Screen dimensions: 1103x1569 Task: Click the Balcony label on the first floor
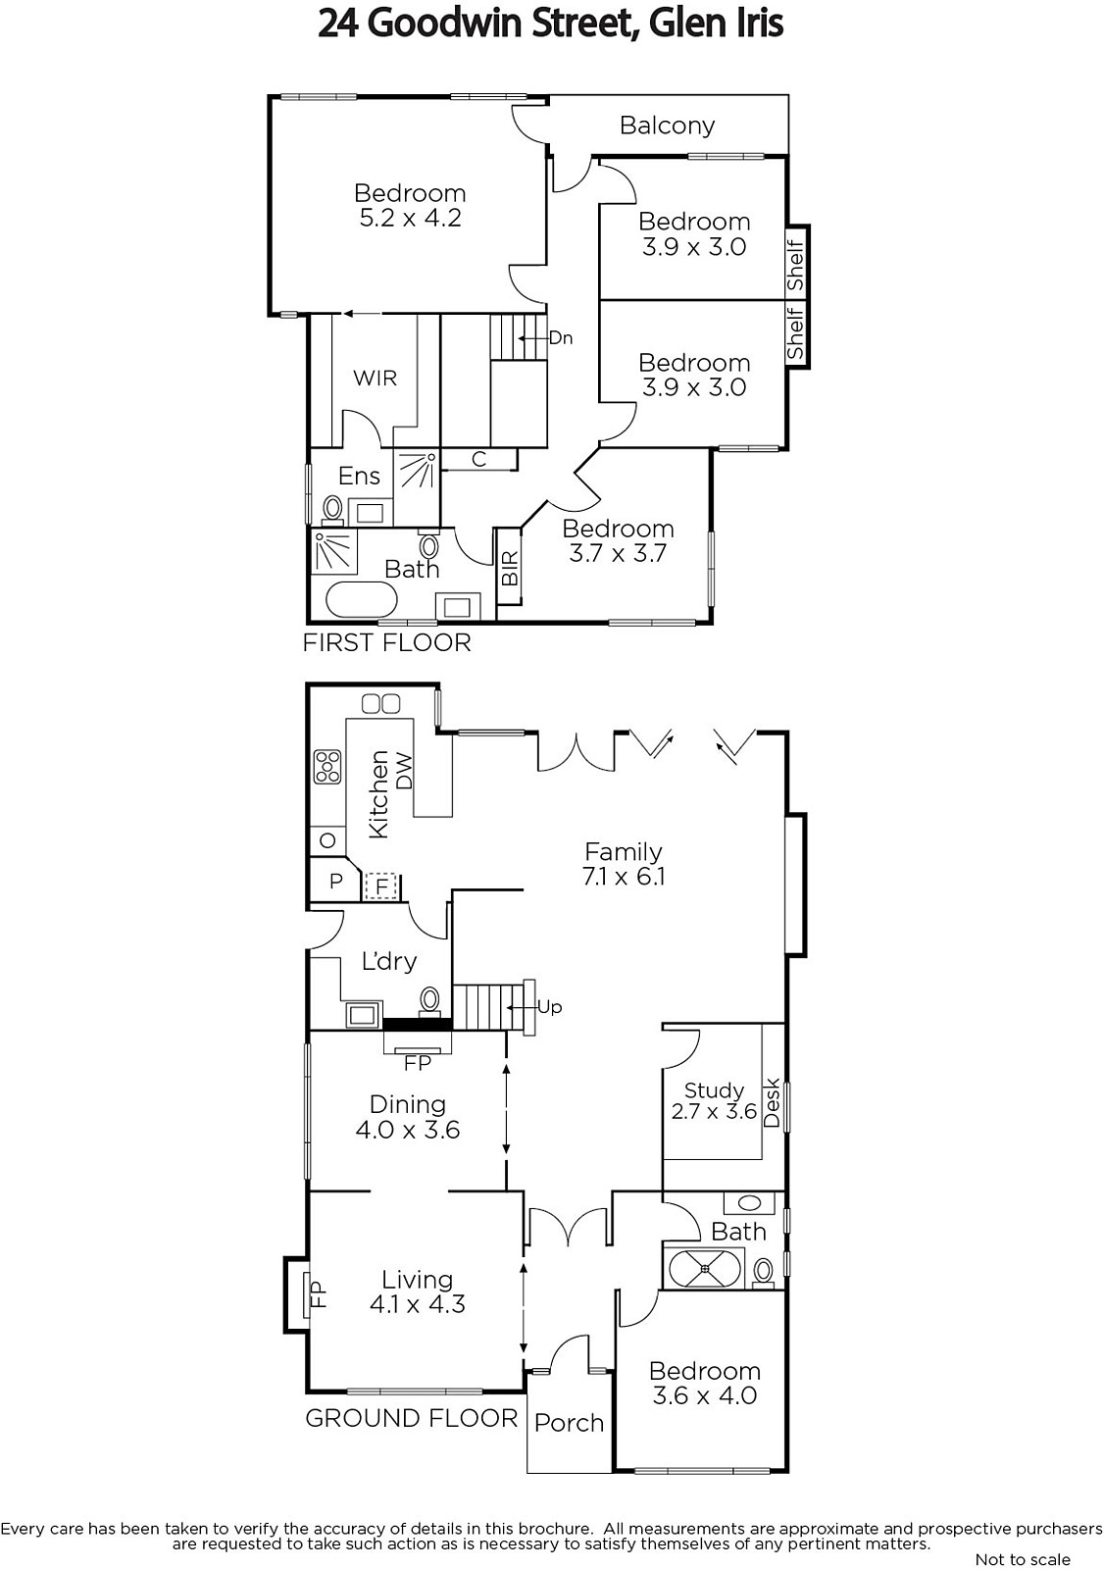coord(667,127)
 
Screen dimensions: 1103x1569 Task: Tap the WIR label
coord(375,379)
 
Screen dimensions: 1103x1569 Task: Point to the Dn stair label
coord(560,338)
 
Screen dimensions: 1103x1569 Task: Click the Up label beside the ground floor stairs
coord(550,1007)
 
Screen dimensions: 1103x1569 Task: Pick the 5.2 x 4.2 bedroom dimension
coord(411,218)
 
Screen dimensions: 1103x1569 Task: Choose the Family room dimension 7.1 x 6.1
coord(624,877)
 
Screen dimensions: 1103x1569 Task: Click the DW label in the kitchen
coord(405,772)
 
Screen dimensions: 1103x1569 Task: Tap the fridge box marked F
coord(381,886)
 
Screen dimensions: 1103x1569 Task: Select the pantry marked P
coord(335,881)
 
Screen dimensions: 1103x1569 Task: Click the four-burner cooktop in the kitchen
coord(327,767)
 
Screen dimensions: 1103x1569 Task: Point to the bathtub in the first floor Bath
coord(362,600)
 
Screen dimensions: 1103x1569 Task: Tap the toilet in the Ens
coord(332,509)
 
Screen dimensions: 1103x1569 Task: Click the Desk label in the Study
coord(771,1102)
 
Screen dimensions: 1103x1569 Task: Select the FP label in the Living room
coord(318,1294)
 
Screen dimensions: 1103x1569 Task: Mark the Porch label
coord(569,1423)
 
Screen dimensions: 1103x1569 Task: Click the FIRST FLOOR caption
coord(386,643)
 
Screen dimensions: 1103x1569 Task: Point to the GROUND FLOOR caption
coord(411,1418)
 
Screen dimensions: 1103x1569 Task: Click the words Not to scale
coord(1023,1559)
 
